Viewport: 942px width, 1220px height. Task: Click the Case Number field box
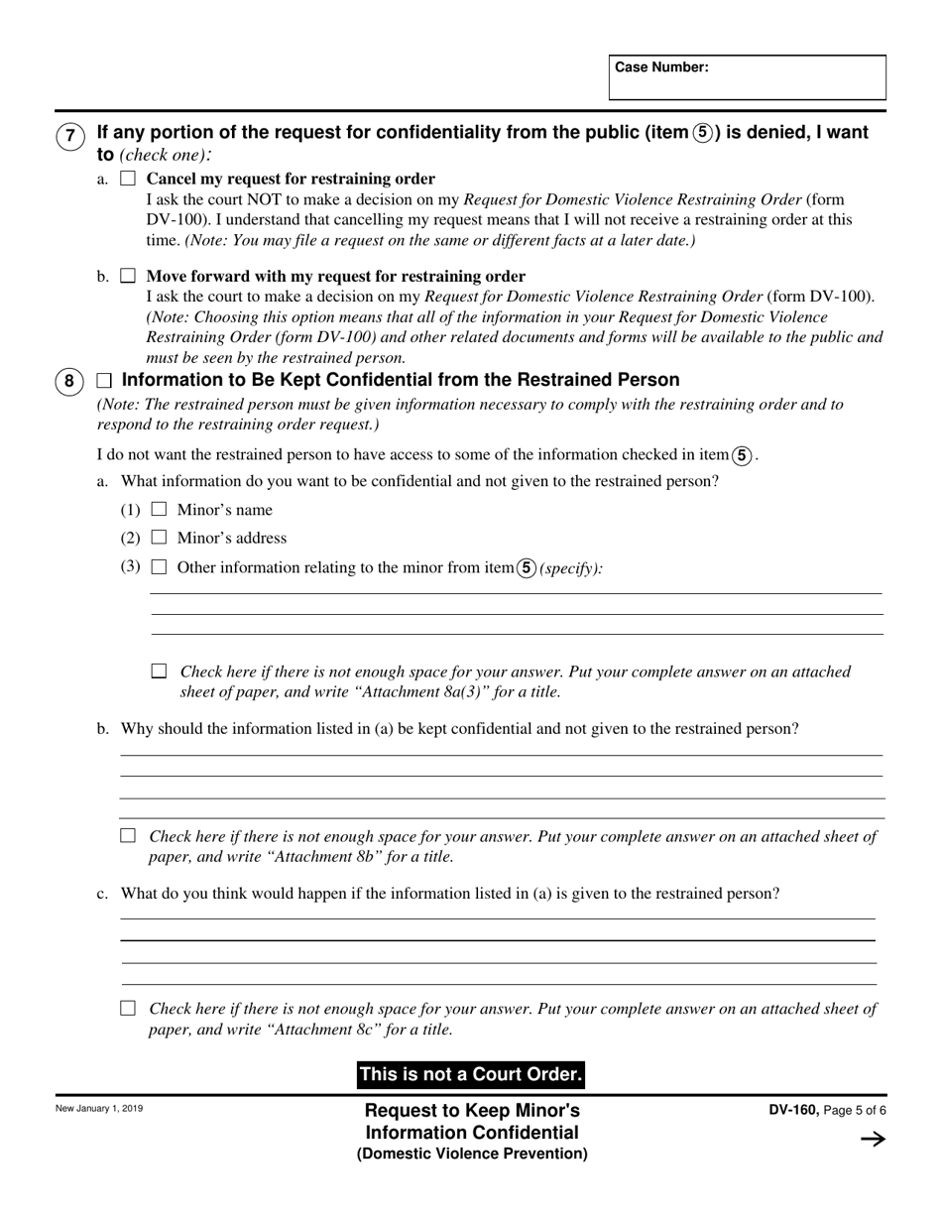coord(747,77)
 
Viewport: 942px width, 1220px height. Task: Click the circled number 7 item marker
coord(69,136)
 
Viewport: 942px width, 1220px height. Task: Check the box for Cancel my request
coord(127,179)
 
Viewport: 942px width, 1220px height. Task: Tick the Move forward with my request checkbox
coord(127,276)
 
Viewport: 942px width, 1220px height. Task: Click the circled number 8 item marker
coord(69,382)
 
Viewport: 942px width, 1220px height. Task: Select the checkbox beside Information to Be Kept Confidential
coord(104,381)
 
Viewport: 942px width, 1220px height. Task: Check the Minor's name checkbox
coord(159,510)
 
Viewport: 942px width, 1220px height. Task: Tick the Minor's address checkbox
coord(159,538)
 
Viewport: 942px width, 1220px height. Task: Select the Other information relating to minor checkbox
coord(159,567)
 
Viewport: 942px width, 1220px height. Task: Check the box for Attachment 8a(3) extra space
coord(159,671)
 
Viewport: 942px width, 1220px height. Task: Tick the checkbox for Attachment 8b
coord(127,836)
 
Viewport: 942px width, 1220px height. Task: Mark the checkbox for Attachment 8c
coord(127,1009)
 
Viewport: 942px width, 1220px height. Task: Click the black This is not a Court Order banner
coord(470,1074)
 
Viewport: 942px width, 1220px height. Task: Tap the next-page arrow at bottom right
coord(873,1140)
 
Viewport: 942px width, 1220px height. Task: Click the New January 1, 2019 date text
coord(99,1109)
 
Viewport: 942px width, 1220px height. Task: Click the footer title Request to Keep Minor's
coord(472,1110)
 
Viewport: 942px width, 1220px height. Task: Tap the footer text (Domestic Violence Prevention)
coord(472,1154)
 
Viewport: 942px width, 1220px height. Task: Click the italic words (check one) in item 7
coord(164,155)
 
